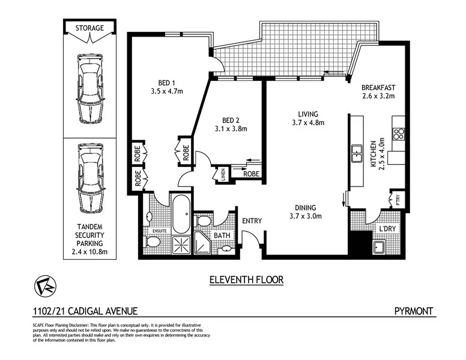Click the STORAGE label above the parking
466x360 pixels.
tap(89, 28)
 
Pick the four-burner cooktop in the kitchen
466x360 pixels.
tap(398, 133)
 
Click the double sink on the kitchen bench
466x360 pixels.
tap(356, 154)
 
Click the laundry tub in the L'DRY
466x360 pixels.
tap(379, 248)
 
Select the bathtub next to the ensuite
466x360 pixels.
tap(181, 214)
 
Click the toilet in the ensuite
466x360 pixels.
tap(151, 242)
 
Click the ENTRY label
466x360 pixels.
tap(252, 221)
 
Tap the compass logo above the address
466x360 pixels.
tap(43, 286)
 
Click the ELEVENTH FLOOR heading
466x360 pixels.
tap(246, 280)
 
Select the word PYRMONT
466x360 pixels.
tap(414, 311)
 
